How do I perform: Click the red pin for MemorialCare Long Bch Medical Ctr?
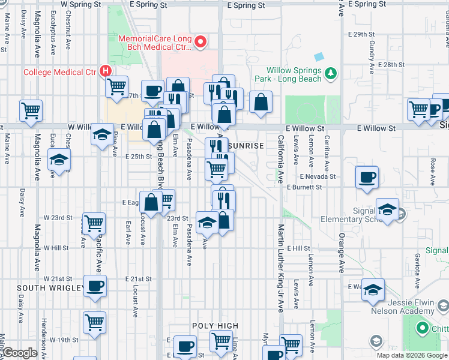[x=201, y=42]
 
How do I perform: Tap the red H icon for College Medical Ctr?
[x=106, y=71]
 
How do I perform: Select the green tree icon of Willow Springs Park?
[x=330, y=73]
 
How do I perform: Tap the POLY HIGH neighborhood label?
[x=211, y=325]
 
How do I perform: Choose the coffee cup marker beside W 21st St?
[x=95, y=286]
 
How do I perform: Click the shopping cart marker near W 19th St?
[x=95, y=322]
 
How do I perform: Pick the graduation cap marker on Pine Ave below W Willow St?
[x=103, y=134]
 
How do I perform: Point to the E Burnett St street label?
[x=304, y=187]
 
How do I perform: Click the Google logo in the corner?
[x=20, y=353]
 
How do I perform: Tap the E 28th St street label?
[x=391, y=64]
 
